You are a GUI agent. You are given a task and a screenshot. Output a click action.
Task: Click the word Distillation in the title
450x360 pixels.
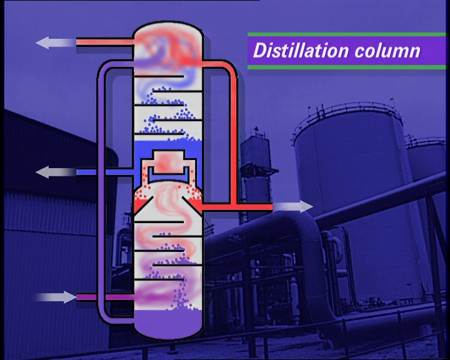click(x=301, y=50)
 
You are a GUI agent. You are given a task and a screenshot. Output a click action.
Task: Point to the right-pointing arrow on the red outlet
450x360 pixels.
click(x=293, y=206)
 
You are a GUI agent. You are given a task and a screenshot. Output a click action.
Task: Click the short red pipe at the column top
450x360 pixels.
click(x=105, y=42)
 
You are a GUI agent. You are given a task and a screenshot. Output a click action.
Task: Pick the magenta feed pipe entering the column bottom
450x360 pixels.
click(x=105, y=297)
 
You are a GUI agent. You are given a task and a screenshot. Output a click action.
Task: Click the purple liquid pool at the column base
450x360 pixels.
click(x=168, y=323)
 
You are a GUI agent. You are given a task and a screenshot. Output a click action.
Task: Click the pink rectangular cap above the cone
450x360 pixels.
click(x=169, y=162)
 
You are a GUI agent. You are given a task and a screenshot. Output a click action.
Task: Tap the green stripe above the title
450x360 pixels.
click(x=347, y=34)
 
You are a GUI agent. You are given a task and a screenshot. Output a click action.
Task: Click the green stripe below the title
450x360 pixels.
click(x=347, y=67)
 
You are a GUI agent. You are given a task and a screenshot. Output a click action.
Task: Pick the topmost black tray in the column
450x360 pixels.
click(x=159, y=77)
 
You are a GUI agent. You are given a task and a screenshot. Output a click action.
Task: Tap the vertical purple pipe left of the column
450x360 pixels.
click(x=102, y=189)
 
